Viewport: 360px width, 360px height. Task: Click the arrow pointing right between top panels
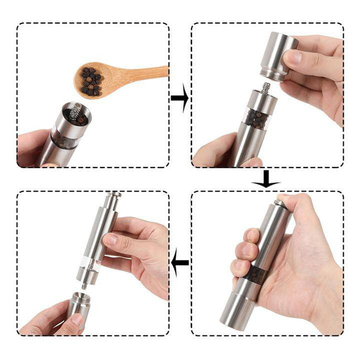point(179,98)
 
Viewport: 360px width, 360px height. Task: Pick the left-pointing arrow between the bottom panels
point(180,261)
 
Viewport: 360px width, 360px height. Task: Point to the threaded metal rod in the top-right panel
point(266,89)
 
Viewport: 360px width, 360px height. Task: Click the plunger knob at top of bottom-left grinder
point(113,196)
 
